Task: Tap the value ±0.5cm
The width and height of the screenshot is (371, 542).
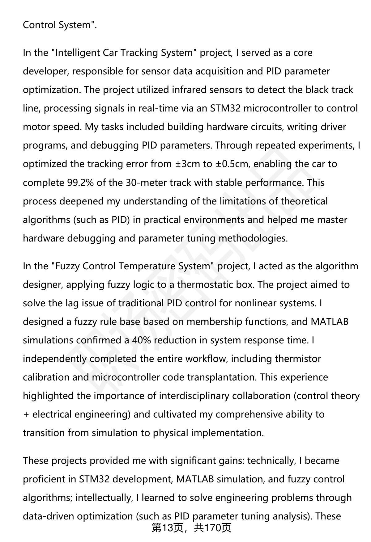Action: tap(232, 164)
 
